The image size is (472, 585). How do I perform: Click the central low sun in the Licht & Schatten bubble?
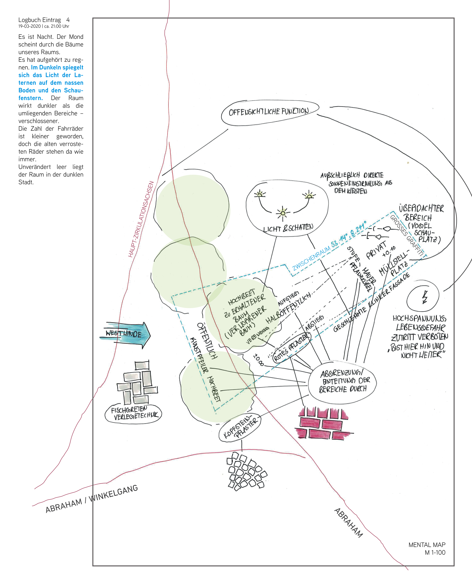[283, 213]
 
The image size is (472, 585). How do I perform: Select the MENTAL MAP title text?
[427, 545]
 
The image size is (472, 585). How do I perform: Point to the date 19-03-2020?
[29, 26]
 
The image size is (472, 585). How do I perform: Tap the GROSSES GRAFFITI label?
[407, 236]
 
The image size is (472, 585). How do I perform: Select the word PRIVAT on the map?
[376, 250]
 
